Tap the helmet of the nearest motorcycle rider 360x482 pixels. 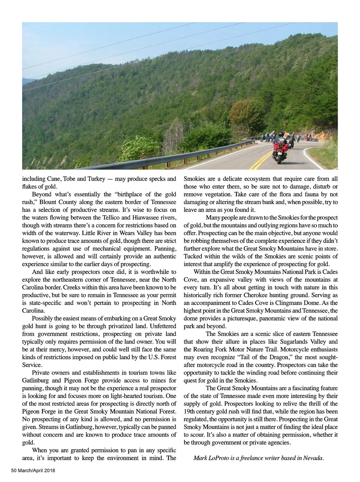click(x=281, y=134)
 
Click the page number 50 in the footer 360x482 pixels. click(x=14, y=471)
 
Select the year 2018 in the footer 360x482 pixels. click(x=49, y=471)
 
